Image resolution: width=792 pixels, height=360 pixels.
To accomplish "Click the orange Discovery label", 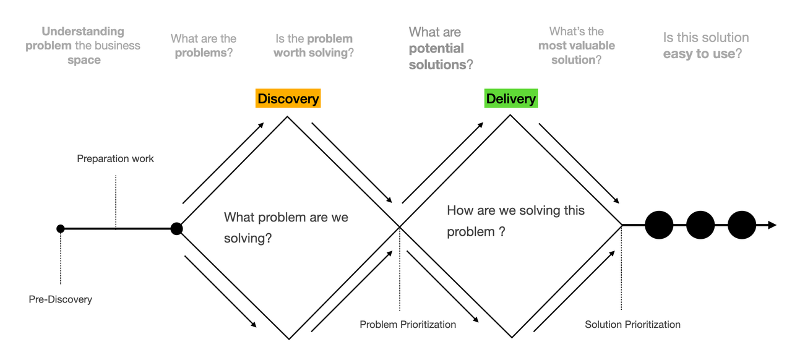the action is pos(288,98).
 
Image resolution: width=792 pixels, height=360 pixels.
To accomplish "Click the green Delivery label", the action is pos(511,98).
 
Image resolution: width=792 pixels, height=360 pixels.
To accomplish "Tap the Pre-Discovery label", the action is pos(61,299).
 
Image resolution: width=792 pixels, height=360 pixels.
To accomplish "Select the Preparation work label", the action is pos(115,158).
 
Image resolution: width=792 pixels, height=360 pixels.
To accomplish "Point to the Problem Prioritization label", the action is pos(408,324).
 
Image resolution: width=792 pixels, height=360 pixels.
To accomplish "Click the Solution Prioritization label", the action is pos(632,324).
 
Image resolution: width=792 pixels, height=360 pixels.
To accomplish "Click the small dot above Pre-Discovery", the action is pos(61,229).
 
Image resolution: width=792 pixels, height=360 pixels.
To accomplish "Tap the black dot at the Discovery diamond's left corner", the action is pos(176,228).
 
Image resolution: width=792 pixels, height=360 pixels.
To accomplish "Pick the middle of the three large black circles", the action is pos(700,225).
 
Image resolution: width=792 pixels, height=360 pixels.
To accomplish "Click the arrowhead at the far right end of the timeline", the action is pos(773,225).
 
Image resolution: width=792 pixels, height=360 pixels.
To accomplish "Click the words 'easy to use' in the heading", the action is pos(699,54).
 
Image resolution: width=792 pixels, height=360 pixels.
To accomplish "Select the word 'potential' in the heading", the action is pos(436,48).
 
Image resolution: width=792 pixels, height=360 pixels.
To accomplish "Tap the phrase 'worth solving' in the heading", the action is pos(311,53).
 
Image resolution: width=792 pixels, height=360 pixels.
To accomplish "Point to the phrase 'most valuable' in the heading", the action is pos(577,46).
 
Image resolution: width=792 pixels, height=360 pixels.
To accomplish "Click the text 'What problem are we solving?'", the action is pos(286,228).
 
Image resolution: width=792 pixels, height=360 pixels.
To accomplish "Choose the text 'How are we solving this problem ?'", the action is pos(515,221).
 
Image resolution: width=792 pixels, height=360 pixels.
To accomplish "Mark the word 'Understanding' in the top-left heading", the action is pos(83,32).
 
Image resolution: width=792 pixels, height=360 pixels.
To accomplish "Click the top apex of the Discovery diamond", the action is pos(287,117).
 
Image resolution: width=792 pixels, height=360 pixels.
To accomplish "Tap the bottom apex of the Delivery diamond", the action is pos(512,337).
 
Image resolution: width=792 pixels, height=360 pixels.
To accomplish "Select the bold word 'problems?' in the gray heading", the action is pos(204,53).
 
